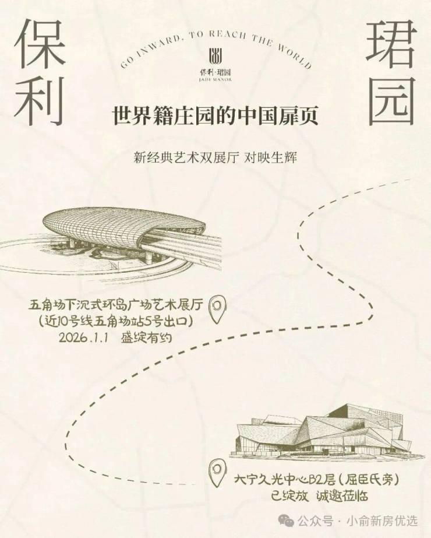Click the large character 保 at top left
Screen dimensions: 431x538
point(40,43)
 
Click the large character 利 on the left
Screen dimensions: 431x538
point(40,100)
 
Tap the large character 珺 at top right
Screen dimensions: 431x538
point(391,43)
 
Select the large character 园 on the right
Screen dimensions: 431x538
point(391,100)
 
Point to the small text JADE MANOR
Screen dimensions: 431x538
point(216,80)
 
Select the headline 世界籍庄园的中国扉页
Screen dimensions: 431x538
point(216,116)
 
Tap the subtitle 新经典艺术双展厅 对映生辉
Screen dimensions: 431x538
point(216,158)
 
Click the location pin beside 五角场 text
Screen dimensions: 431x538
point(217,309)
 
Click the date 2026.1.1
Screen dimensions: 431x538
point(84,337)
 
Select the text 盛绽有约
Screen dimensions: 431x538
point(146,337)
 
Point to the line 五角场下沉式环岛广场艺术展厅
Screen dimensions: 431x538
point(116,305)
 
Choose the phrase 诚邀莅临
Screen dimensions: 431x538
point(342,496)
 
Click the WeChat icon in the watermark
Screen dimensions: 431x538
point(287,521)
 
